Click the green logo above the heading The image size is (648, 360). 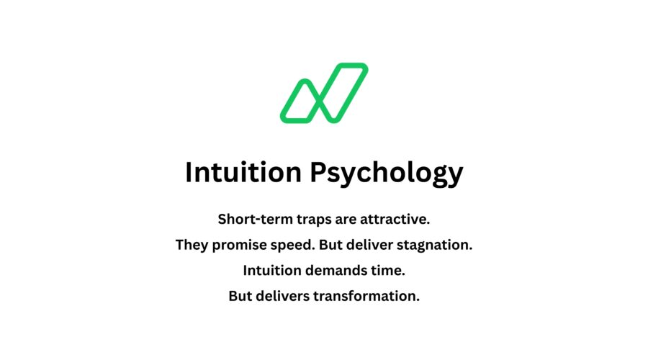click(x=324, y=93)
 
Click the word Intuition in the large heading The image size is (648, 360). click(x=243, y=173)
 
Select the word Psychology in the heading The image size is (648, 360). click(x=387, y=174)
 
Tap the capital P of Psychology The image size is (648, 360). click(x=320, y=173)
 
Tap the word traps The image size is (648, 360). click(x=304, y=218)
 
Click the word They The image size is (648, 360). click(x=190, y=245)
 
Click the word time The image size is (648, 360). click(x=388, y=271)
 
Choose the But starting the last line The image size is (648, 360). click(x=242, y=297)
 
